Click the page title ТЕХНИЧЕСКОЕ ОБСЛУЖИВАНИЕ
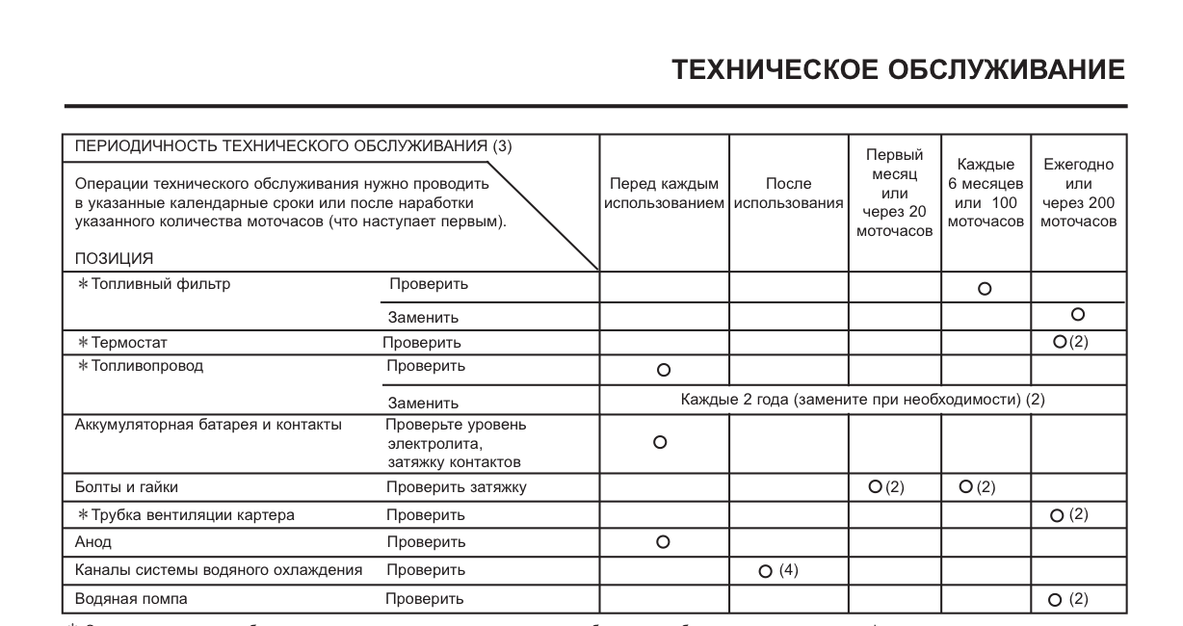click(x=899, y=69)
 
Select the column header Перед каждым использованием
click(x=665, y=194)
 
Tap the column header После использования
click(x=788, y=194)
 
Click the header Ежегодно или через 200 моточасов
click(x=1078, y=193)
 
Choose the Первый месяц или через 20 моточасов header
click(x=894, y=193)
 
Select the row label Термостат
click(x=135, y=342)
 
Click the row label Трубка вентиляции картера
click(x=185, y=515)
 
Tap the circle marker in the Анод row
click(x=662, y=542)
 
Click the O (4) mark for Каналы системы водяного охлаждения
click(x=778, y=571)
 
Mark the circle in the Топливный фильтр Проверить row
click(x=985, y=287)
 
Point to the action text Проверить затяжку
click(x=457, y=487)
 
